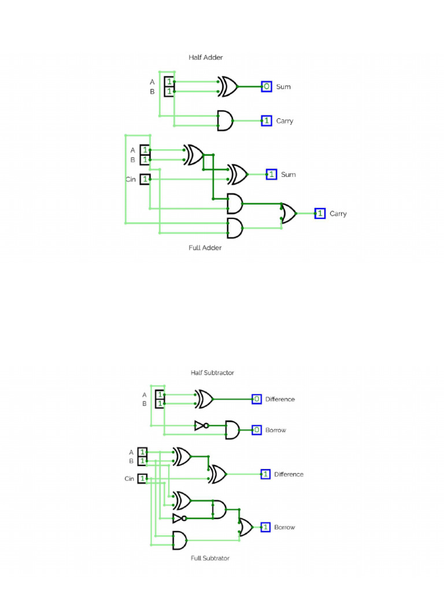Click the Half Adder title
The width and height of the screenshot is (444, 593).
(205, 57)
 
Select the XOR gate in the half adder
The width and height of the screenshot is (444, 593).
(228, 87)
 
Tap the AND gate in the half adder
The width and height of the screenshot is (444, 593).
(225, 121)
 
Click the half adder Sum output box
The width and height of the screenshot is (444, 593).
(266, 87)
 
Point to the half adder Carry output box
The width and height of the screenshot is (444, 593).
(266, 121)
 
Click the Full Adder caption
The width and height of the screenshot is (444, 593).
(205, 248)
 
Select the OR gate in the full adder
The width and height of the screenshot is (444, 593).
(288, 214)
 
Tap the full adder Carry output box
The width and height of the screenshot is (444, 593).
(320, 214)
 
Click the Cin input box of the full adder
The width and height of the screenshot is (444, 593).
(145, 180)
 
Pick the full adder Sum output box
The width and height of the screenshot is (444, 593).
(272, 174)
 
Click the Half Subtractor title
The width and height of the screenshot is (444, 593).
(212, 373)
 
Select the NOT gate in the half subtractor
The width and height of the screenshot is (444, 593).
(201, 426)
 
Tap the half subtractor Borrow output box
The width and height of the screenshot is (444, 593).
(257, 430)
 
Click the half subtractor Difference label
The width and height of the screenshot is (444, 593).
(280, 400)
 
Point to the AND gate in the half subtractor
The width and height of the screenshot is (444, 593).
(232, 430)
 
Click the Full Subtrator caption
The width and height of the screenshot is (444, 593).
(210, 558)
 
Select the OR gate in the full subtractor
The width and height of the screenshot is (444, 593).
(246, 527)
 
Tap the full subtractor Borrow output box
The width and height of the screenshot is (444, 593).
(266, 527)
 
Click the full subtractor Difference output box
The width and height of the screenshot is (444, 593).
(266, 474)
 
